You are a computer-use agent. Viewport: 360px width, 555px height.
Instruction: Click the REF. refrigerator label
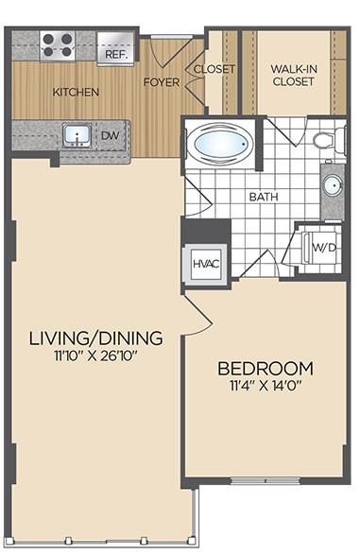pyautogui.click(x=115, y=55)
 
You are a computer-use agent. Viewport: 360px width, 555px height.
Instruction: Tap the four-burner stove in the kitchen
pyautogui.click(x=58, y=45)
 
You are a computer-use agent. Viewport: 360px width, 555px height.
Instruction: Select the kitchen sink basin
pyautogui.click(x=77, y=135)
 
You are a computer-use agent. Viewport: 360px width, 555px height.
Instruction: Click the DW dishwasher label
pyautogui.click(x=111, y=135)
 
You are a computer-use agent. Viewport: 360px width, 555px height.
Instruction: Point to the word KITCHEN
pyautogui.click(x=76, y=92)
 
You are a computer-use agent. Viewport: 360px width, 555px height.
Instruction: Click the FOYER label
pyautogui.click(x=162, y=82)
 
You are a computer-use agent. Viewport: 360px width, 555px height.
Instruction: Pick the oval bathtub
pyautogui.click(x=220, y=144)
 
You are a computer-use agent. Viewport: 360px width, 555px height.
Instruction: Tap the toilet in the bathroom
pyautogui.click(x=329, y=140)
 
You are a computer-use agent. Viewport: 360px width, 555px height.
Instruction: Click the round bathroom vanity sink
pyautogui.click(x=333, y=186)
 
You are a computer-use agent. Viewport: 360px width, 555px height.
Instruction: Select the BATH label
pyautogui.click(x=264, y=197)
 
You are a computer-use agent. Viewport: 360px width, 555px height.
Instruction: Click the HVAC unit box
pyautogui.click(x=205, y=264)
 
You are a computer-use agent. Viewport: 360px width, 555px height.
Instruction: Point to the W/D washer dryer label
pyautogui.click(x=323, y=248)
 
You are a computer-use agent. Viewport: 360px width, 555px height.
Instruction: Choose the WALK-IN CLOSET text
pyautogui.click(x=294, y=75)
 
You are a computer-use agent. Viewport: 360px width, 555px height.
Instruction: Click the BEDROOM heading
pyautogui.click(x=266, y=369)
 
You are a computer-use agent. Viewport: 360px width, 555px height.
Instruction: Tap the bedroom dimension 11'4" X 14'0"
pyautogui.click(x=266, y=386)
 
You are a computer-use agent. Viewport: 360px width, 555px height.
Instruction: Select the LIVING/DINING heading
pyautogui.click(x=95, y=338)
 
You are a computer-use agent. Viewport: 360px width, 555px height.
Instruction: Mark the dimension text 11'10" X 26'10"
pyautogui.click(x=95, y=356)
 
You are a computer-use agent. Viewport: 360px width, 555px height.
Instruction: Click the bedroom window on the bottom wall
pyautogui.click(x=266, y=480)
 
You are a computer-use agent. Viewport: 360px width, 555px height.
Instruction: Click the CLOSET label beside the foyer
pyautogui.click(x=214, y=69)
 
